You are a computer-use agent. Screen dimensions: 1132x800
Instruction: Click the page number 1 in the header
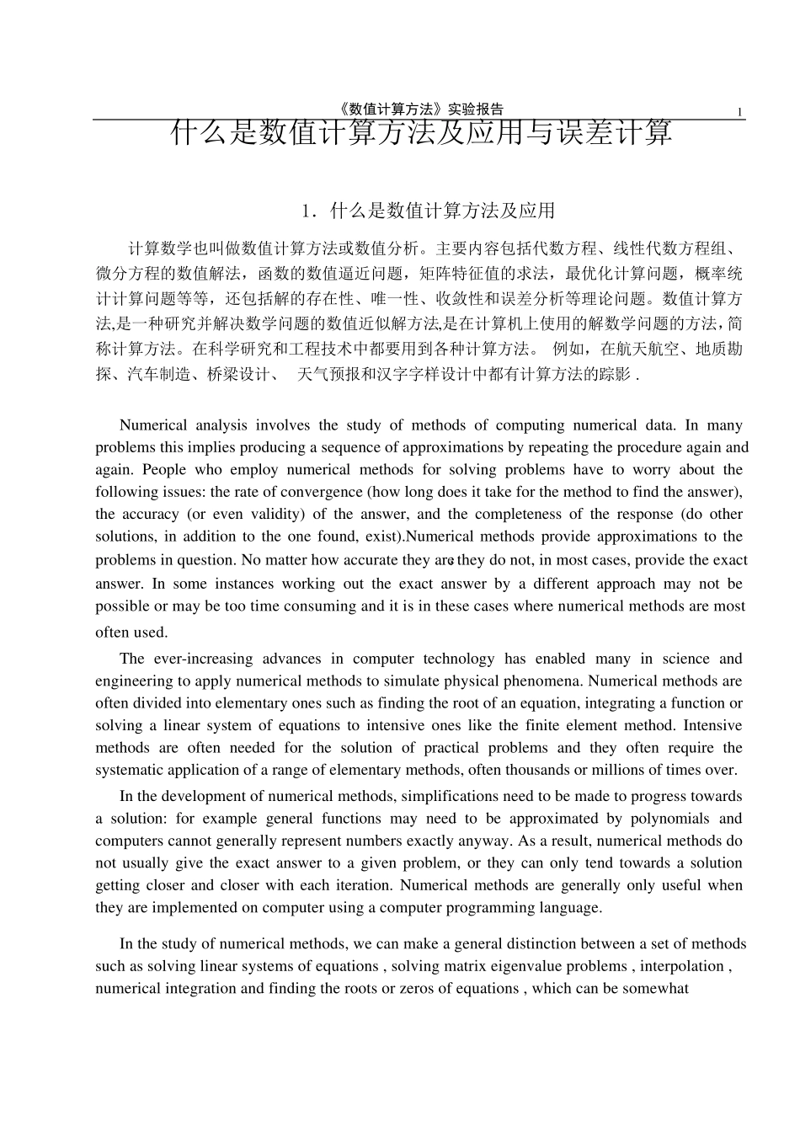pyautogui.click(x=739, y=113)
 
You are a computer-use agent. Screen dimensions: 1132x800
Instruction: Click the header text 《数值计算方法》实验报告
pyautogui.click(x=419, y=109)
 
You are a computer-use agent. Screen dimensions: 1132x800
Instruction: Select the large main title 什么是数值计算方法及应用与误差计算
pyautogui.click(x=421, y=133)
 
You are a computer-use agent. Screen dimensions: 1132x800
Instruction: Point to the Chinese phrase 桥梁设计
pyautogui.click(x=237, y=374)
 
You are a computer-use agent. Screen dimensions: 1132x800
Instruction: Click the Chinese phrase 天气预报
pyautogui.click(x=329, y=374)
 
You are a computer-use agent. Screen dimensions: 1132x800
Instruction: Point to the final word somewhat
pyautogui.click(x=656, y=989)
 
